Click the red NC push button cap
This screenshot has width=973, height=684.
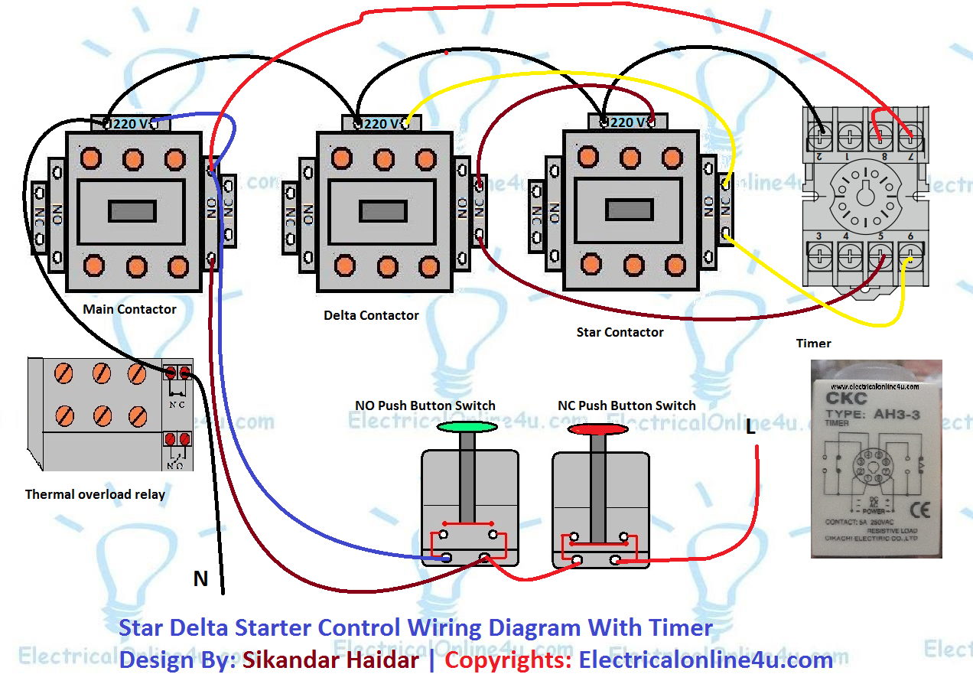(597, 429)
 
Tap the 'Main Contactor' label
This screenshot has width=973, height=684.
(129, 309)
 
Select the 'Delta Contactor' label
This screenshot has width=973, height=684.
(371, 315)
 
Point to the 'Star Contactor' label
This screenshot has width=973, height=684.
(620, 333)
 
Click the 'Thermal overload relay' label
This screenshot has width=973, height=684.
(95, 494)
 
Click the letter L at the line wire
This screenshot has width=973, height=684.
(750, 428)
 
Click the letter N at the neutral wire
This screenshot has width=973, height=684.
(200, 579)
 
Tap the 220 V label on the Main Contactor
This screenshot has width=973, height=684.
(131, 123)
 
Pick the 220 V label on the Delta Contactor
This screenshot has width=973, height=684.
(380, 123)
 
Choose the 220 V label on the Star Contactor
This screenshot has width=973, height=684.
(627, 122)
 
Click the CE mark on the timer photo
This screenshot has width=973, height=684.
(915, 507)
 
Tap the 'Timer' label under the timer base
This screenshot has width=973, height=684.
(813, 344)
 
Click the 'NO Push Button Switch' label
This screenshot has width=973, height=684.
(425, 406)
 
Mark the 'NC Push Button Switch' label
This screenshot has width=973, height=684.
(627, 406)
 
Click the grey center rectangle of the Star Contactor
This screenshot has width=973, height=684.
(629, 209)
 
